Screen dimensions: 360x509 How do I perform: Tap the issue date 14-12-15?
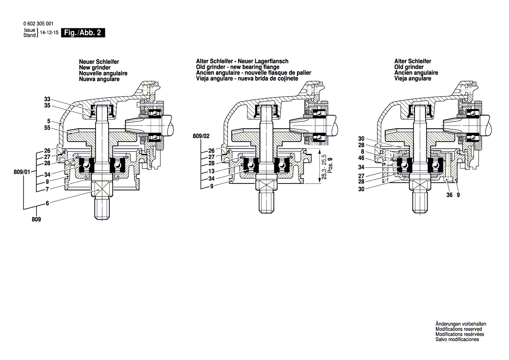pyautogui.click(x=49, y=33)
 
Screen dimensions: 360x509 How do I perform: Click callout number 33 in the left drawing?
pyautogui.click(x=47, y=98)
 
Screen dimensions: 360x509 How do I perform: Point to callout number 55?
pyautogui.click(x=47, y=128)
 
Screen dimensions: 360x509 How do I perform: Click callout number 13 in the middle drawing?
pyautogui.click(x=212, y=171)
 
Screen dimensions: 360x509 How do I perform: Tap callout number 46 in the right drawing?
pyautogui.click(x=361, y=158)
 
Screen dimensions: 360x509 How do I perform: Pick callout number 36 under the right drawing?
pyautogui.click(x=449, y=196)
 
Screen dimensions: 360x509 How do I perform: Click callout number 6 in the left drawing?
pyautogui.click(x=47, y=204)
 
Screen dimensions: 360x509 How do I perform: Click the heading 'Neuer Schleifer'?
pyautogui.click(x=99, y=62)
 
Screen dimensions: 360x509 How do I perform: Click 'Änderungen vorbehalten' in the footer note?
pyautogui.click(x=461, y=324)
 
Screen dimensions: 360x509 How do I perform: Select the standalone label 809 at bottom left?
pyautogui.click(x=36, y=220)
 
